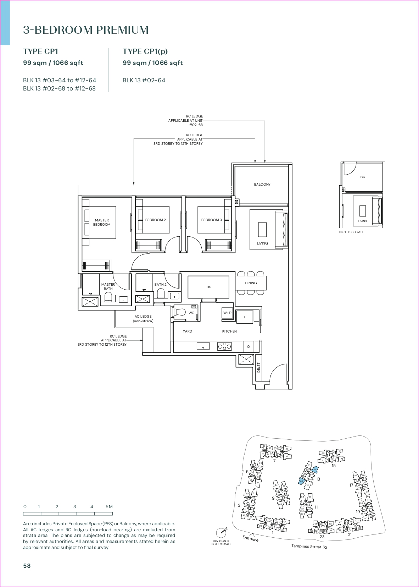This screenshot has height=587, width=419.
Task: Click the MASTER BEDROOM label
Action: (102, 223)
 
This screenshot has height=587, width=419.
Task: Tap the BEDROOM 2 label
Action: (155, 220)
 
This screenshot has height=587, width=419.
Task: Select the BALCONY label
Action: (262, 185)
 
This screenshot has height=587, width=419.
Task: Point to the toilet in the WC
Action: (180, 312)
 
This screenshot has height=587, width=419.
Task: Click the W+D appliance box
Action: (227, 313)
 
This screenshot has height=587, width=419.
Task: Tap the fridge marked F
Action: (245, 317)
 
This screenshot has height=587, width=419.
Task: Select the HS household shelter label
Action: (209, 287)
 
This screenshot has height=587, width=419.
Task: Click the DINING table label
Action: (251, 283)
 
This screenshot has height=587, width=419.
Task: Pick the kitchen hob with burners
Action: (224, 346)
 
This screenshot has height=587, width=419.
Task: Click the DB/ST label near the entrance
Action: (258, 367)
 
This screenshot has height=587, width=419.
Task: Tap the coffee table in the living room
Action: (262, 229)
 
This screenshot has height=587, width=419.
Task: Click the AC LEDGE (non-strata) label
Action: (143, 319)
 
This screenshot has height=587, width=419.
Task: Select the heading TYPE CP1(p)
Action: (145, 51)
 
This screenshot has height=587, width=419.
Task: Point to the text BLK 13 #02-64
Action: (144, 81)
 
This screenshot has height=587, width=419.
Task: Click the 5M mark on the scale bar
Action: (109, 507)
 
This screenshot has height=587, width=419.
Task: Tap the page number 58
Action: (27, 566)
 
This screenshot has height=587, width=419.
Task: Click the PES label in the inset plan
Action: (362, 177)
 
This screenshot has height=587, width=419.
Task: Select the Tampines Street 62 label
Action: (309, 547)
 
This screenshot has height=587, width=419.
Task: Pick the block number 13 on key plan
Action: (318, 479)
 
